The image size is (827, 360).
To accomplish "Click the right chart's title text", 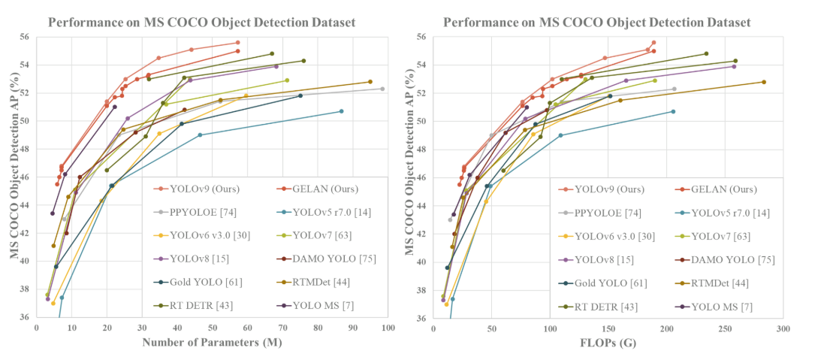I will pos(596,23).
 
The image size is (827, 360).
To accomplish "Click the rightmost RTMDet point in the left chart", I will pos(370,82).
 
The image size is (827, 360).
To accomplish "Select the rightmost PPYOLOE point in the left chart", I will pos(382,89).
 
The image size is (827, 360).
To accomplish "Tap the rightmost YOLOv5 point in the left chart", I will pos(341,111).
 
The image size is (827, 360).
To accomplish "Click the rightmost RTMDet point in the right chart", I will pos(764,82).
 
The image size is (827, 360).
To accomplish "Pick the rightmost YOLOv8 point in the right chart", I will pos(734,66).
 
